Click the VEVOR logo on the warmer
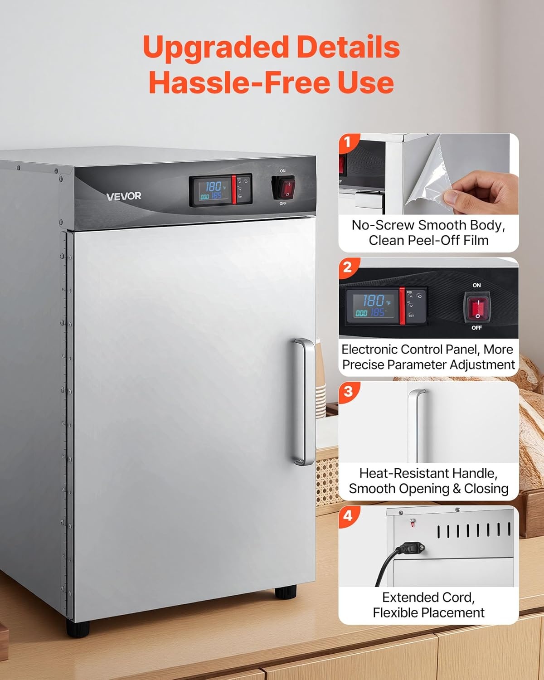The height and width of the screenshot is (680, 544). click(x=124, y=196)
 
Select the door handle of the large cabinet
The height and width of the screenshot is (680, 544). click(x=304, y=402)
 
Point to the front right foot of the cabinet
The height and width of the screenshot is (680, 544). click(x=286, y=592)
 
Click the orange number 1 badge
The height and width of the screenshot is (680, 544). click(x=348, y=142)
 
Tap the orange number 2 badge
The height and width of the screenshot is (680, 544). click(x=348, y=267)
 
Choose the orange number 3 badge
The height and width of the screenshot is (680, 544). click(x=348, y=391)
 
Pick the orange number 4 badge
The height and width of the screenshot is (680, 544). click(x=348, y=516)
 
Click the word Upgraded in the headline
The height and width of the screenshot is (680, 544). click(x=215, y=48)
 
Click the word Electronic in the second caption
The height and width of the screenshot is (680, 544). click(x=368, y=350)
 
